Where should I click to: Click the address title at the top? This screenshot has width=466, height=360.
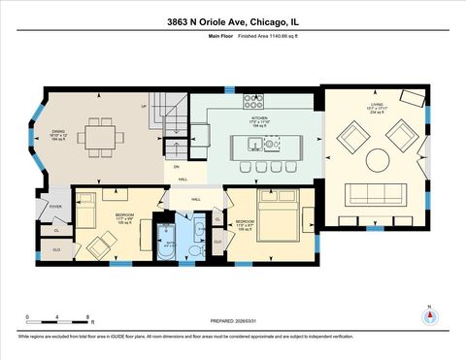[233, 21]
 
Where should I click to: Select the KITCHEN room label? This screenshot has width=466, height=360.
[259, 121]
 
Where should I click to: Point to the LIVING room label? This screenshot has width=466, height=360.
[376, 109]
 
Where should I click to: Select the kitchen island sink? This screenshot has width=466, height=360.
[255, 146]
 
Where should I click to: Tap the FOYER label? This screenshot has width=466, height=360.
[55, 207]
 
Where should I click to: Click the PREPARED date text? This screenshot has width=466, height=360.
[233, 321]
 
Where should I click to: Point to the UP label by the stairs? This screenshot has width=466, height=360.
[144, 105]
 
